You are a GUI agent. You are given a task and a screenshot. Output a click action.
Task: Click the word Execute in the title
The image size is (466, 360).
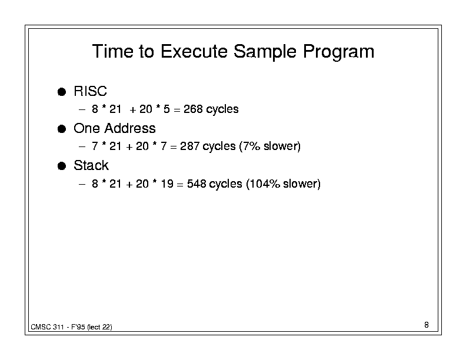coord(194,51)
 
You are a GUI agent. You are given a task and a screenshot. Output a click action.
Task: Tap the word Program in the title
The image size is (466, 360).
coord(338,52)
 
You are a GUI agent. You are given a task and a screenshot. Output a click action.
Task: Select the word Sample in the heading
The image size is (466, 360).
coord(265,52)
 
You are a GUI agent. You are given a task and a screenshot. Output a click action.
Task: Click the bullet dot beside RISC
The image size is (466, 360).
coord(62,92)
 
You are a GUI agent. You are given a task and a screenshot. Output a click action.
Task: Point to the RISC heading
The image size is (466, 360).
coord(90,91)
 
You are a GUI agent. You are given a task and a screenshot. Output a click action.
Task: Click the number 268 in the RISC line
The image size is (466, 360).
coord(193,109)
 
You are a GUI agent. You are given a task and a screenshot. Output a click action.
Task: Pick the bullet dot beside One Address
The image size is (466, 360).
coord(62,129)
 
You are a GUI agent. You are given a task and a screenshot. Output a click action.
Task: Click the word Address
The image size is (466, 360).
coord(130,128)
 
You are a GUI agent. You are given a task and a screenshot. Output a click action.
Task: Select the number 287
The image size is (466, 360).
coord(189,146)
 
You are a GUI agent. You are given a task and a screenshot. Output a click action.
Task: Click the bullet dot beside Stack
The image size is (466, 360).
coord(62,166)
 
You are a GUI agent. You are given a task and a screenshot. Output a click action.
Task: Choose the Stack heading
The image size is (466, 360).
coord(91,165)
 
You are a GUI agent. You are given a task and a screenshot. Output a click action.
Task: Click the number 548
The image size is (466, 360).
coord(197,184)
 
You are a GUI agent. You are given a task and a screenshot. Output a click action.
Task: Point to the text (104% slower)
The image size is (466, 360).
coord(283,184)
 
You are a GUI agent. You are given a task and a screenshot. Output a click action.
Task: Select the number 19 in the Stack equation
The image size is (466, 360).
coord(167,184)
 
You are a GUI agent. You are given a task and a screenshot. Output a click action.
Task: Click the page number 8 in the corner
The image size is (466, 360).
coord(427,325)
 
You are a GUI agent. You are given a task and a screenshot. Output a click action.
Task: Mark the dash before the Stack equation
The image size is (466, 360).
coord(82,184)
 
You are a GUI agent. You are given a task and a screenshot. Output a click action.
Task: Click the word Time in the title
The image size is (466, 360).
coord(112,51)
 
